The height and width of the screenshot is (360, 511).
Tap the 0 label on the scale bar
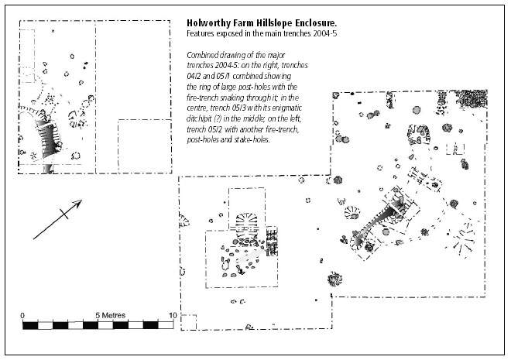tap(22, 315)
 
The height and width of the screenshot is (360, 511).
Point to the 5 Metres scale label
tap(111, 315)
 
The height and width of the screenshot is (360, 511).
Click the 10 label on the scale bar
tap(173, 315)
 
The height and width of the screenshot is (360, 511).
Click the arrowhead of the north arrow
tap(77, 204)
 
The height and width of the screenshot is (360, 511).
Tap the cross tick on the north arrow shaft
tap(64, 214)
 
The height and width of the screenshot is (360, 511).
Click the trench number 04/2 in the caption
tap(194, 76)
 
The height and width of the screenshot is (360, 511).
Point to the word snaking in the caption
tap(233, 98)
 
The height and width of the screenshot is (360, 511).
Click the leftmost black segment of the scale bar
tap(30, 325)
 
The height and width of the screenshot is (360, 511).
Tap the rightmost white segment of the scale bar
tap(166, 325)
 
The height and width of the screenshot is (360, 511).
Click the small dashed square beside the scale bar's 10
tap(189, 323)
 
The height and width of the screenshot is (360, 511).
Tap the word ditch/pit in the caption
tap(199, 119)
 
